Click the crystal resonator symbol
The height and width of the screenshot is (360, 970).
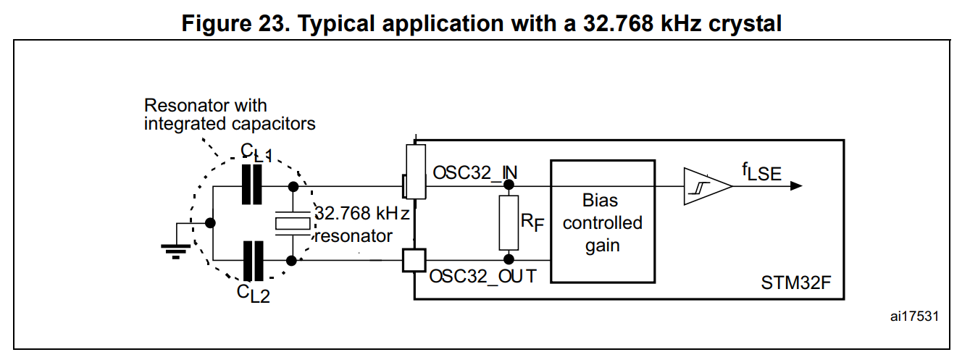(292, 222)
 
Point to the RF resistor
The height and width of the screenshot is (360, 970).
(509, 222)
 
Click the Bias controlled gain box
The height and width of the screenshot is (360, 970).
(602, 221)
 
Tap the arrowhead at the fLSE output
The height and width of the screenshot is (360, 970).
(796, 185)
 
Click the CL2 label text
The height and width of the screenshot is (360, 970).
(254, 293)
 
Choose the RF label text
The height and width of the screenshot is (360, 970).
(531, 221)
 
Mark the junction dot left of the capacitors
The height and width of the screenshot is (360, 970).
(209, 222)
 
